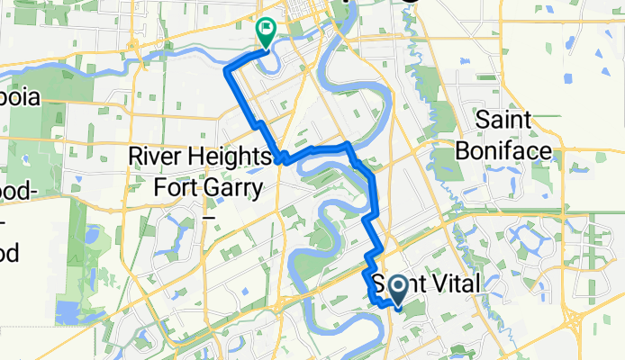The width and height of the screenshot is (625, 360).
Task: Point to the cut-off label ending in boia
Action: click(x=19, y=97)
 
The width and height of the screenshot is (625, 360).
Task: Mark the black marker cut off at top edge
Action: click(x=412, y=3)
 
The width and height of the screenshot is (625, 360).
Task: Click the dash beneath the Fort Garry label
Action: click(x=208, y=216)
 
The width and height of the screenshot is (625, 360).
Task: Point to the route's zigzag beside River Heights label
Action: click(x=281, y=157)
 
